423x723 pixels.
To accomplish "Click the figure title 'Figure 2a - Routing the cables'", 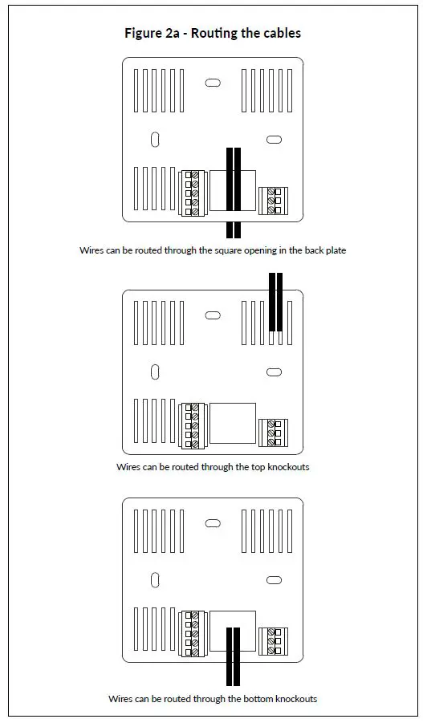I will pyautogui.click(x=212, y=33).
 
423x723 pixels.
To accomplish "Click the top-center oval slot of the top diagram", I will pyautogui.click(x=213, y=83).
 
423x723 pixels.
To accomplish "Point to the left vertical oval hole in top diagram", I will pyautogui.click(x=154, y=140).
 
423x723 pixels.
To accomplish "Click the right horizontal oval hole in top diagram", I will pyautogui.click(x=274, y=140).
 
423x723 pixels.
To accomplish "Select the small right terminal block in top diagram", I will pyautogui.click(x=274, y=200).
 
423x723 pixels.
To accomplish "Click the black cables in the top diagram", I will pyautogui.click(x=234, y=193).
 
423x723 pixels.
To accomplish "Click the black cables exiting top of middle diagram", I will pyautogui.click(x=275, y=302).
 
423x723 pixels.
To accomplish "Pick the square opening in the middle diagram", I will pyautogui.click(x=232, y=424).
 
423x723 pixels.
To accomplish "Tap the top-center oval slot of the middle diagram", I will pyautogui.click(x=213, y=315).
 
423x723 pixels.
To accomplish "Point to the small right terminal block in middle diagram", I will pyautogui.click(x=274, y=433).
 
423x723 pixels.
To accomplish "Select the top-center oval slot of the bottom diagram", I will pyautogui.click(x=213, y=523).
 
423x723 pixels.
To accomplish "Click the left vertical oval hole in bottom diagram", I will pyautogui.click(x=154, y=580).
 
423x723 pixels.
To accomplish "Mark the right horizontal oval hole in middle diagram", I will pyautogui.click(x=274, y=372).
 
